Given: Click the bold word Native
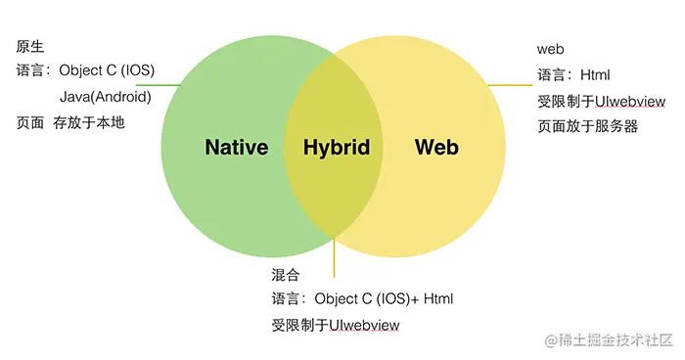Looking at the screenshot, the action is click(236, 148).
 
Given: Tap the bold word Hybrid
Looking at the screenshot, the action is click(337, 148).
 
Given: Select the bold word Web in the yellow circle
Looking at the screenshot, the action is click(436, 148).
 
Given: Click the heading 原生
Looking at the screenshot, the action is click(30, 46).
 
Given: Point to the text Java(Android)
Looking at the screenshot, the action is click(105, 97).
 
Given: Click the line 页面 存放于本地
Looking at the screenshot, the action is click(70, 122).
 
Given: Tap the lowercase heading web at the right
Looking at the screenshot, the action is click(551, 49).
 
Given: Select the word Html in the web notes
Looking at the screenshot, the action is click(595, 74).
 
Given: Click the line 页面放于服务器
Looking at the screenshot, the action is click(587, 125).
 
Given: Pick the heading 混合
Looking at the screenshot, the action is click(285, 273).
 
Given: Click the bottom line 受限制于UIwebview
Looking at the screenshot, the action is click(336, 324).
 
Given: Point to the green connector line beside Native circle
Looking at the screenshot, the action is click(168, 84).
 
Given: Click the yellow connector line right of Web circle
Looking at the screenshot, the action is click(510, 85).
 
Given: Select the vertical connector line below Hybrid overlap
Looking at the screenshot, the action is click(334, 256).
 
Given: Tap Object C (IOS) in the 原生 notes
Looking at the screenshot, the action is click(107, 70).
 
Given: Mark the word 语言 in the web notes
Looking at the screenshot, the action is click(550, 74).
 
